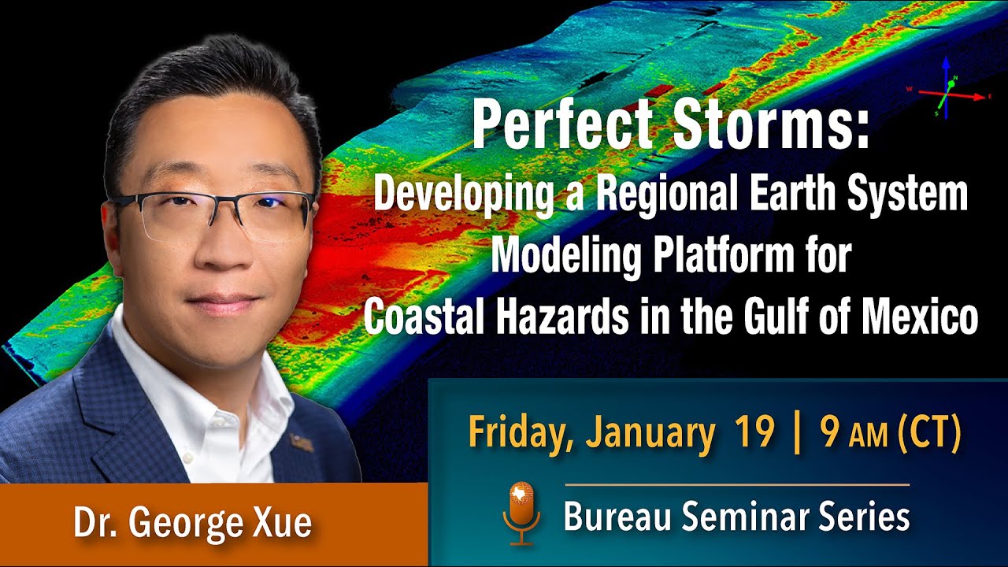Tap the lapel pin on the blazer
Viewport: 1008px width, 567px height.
click(302, 443)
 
